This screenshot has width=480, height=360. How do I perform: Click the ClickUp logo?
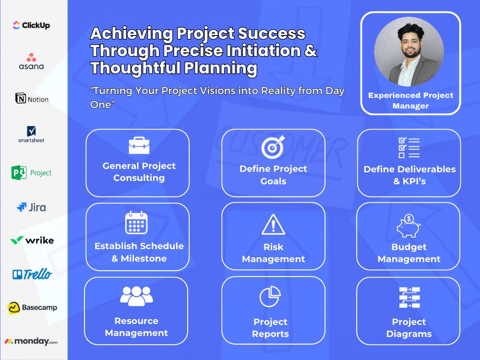click(x=31, y=25)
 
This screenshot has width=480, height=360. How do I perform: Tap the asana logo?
click(x=31, y=61)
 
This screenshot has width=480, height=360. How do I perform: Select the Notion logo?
click(x=32, y=99)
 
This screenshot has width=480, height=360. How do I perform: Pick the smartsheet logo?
click(x=31, y=134)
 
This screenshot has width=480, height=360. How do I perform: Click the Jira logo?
click(x=31, y=207)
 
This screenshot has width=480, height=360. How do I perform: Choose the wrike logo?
click(x=32, y=240)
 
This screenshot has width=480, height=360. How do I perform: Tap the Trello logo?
click(x=32, y=274)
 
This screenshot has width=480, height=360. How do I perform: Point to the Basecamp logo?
click(x=32, y=308)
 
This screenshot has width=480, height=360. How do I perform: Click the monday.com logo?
click(x=31, y=341)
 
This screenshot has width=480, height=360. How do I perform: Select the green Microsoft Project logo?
click(x=31, y=172)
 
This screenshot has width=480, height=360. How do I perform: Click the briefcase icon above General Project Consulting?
click(x=139, y=145)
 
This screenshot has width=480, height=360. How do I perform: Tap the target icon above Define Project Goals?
click(x=273, y=147)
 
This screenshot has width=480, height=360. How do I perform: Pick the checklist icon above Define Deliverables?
click(x=409, y=147)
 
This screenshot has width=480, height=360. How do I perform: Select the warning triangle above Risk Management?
click(x=273, y=225)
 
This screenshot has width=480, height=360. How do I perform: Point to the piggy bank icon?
click(x=408, y=226)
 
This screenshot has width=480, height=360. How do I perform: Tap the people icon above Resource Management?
click(x=136, y=296)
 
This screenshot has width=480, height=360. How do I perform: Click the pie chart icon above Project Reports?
click(x=270, y=297)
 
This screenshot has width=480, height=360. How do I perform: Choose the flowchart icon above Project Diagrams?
click(x=409, y=298)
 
